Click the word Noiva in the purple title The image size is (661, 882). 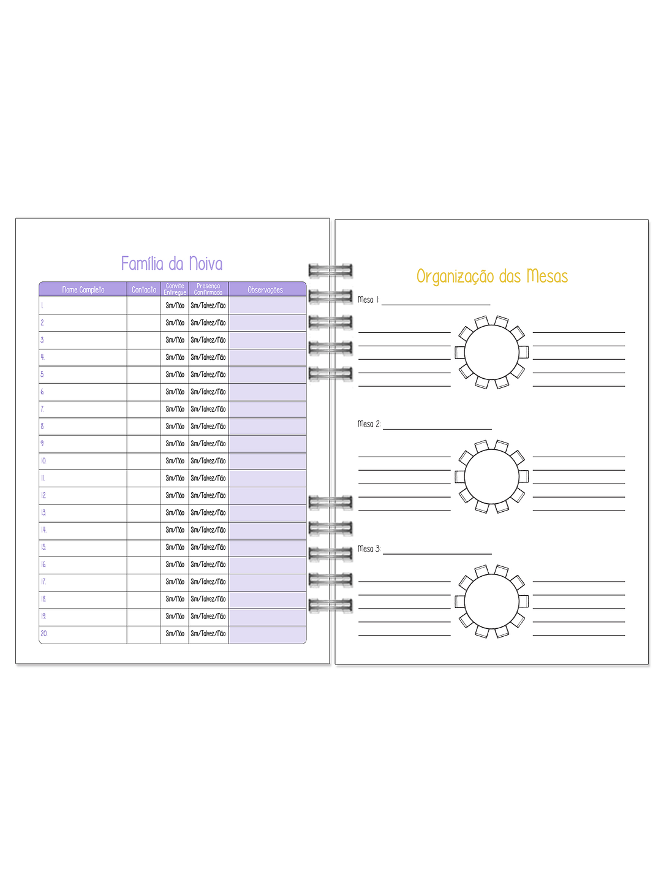(206, 264)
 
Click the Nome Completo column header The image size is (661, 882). (83, 290)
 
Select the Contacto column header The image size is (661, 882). (144, 290)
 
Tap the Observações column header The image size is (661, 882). (265, 290)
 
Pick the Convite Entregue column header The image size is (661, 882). (175, 289)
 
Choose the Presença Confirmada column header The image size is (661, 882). (208, 289)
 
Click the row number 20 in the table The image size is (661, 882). (43, 634)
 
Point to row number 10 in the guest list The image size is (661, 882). (43, 461)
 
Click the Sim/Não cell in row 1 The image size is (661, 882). (175, 305)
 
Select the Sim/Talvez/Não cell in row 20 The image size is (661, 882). (208, 634)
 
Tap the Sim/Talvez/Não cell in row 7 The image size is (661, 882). (208, 409)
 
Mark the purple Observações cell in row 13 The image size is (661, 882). (267, 512)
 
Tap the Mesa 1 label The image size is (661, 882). (368, 300)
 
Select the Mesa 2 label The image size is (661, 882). (369, 424)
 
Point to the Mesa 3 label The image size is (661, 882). (369, 549)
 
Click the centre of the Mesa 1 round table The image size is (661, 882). (491, 352)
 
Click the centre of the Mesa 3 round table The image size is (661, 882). (491, 601)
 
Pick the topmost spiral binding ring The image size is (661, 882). (330, 270)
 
